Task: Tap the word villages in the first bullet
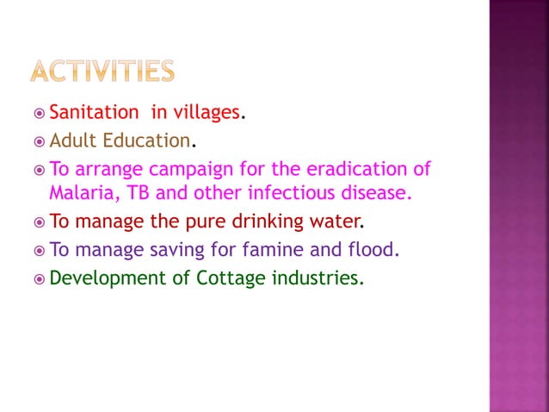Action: [206, 112]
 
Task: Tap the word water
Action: [332, 222]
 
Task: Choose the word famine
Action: [274, 250]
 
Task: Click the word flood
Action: [377, 250]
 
